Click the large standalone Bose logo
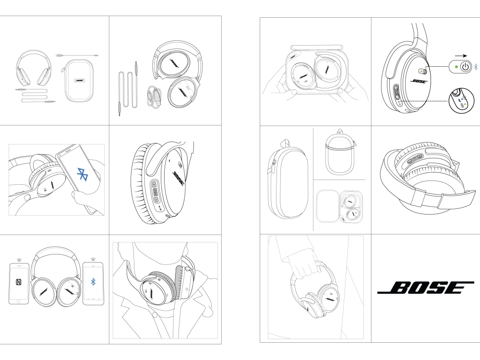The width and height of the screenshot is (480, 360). pyautogui.click(x=426, y=288)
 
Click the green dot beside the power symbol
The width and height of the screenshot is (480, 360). pyautogui.click(x=456, y=67)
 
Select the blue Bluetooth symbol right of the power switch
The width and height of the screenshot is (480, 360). pyautogui.click(x=476, y=67)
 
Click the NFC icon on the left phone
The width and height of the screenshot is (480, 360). pyautogui.click(x=19, y=282)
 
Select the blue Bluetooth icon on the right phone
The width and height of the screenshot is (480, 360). pyautogui.click(x=93, y=282)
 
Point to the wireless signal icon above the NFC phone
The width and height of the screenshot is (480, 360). pyautogui.click(x=19, y=260)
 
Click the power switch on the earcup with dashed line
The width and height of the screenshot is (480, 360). pyautogui.click(x=423, y=71)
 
